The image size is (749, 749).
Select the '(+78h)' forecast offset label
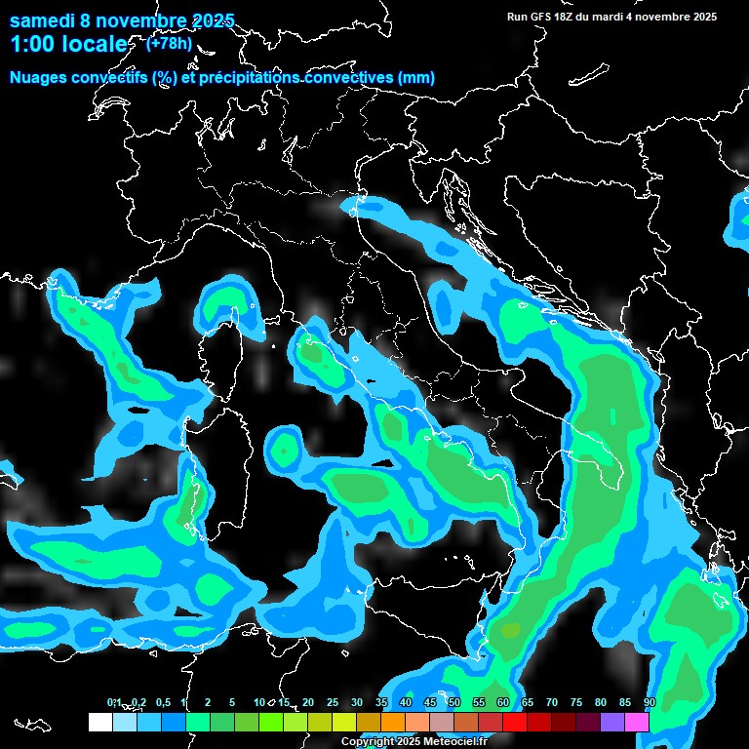click(170, 43)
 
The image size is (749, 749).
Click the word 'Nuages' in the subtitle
click(40, 78)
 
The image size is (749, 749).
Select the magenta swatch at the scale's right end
click(637, 722)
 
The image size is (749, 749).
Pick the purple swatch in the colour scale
click(612, 722)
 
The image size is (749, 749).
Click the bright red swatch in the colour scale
click(515, 722)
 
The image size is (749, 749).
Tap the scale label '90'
click(650, 702)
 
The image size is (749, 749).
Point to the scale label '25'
click(333, 702)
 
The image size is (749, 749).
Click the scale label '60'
click(503, 702)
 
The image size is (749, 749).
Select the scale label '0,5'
click(162, 702)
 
